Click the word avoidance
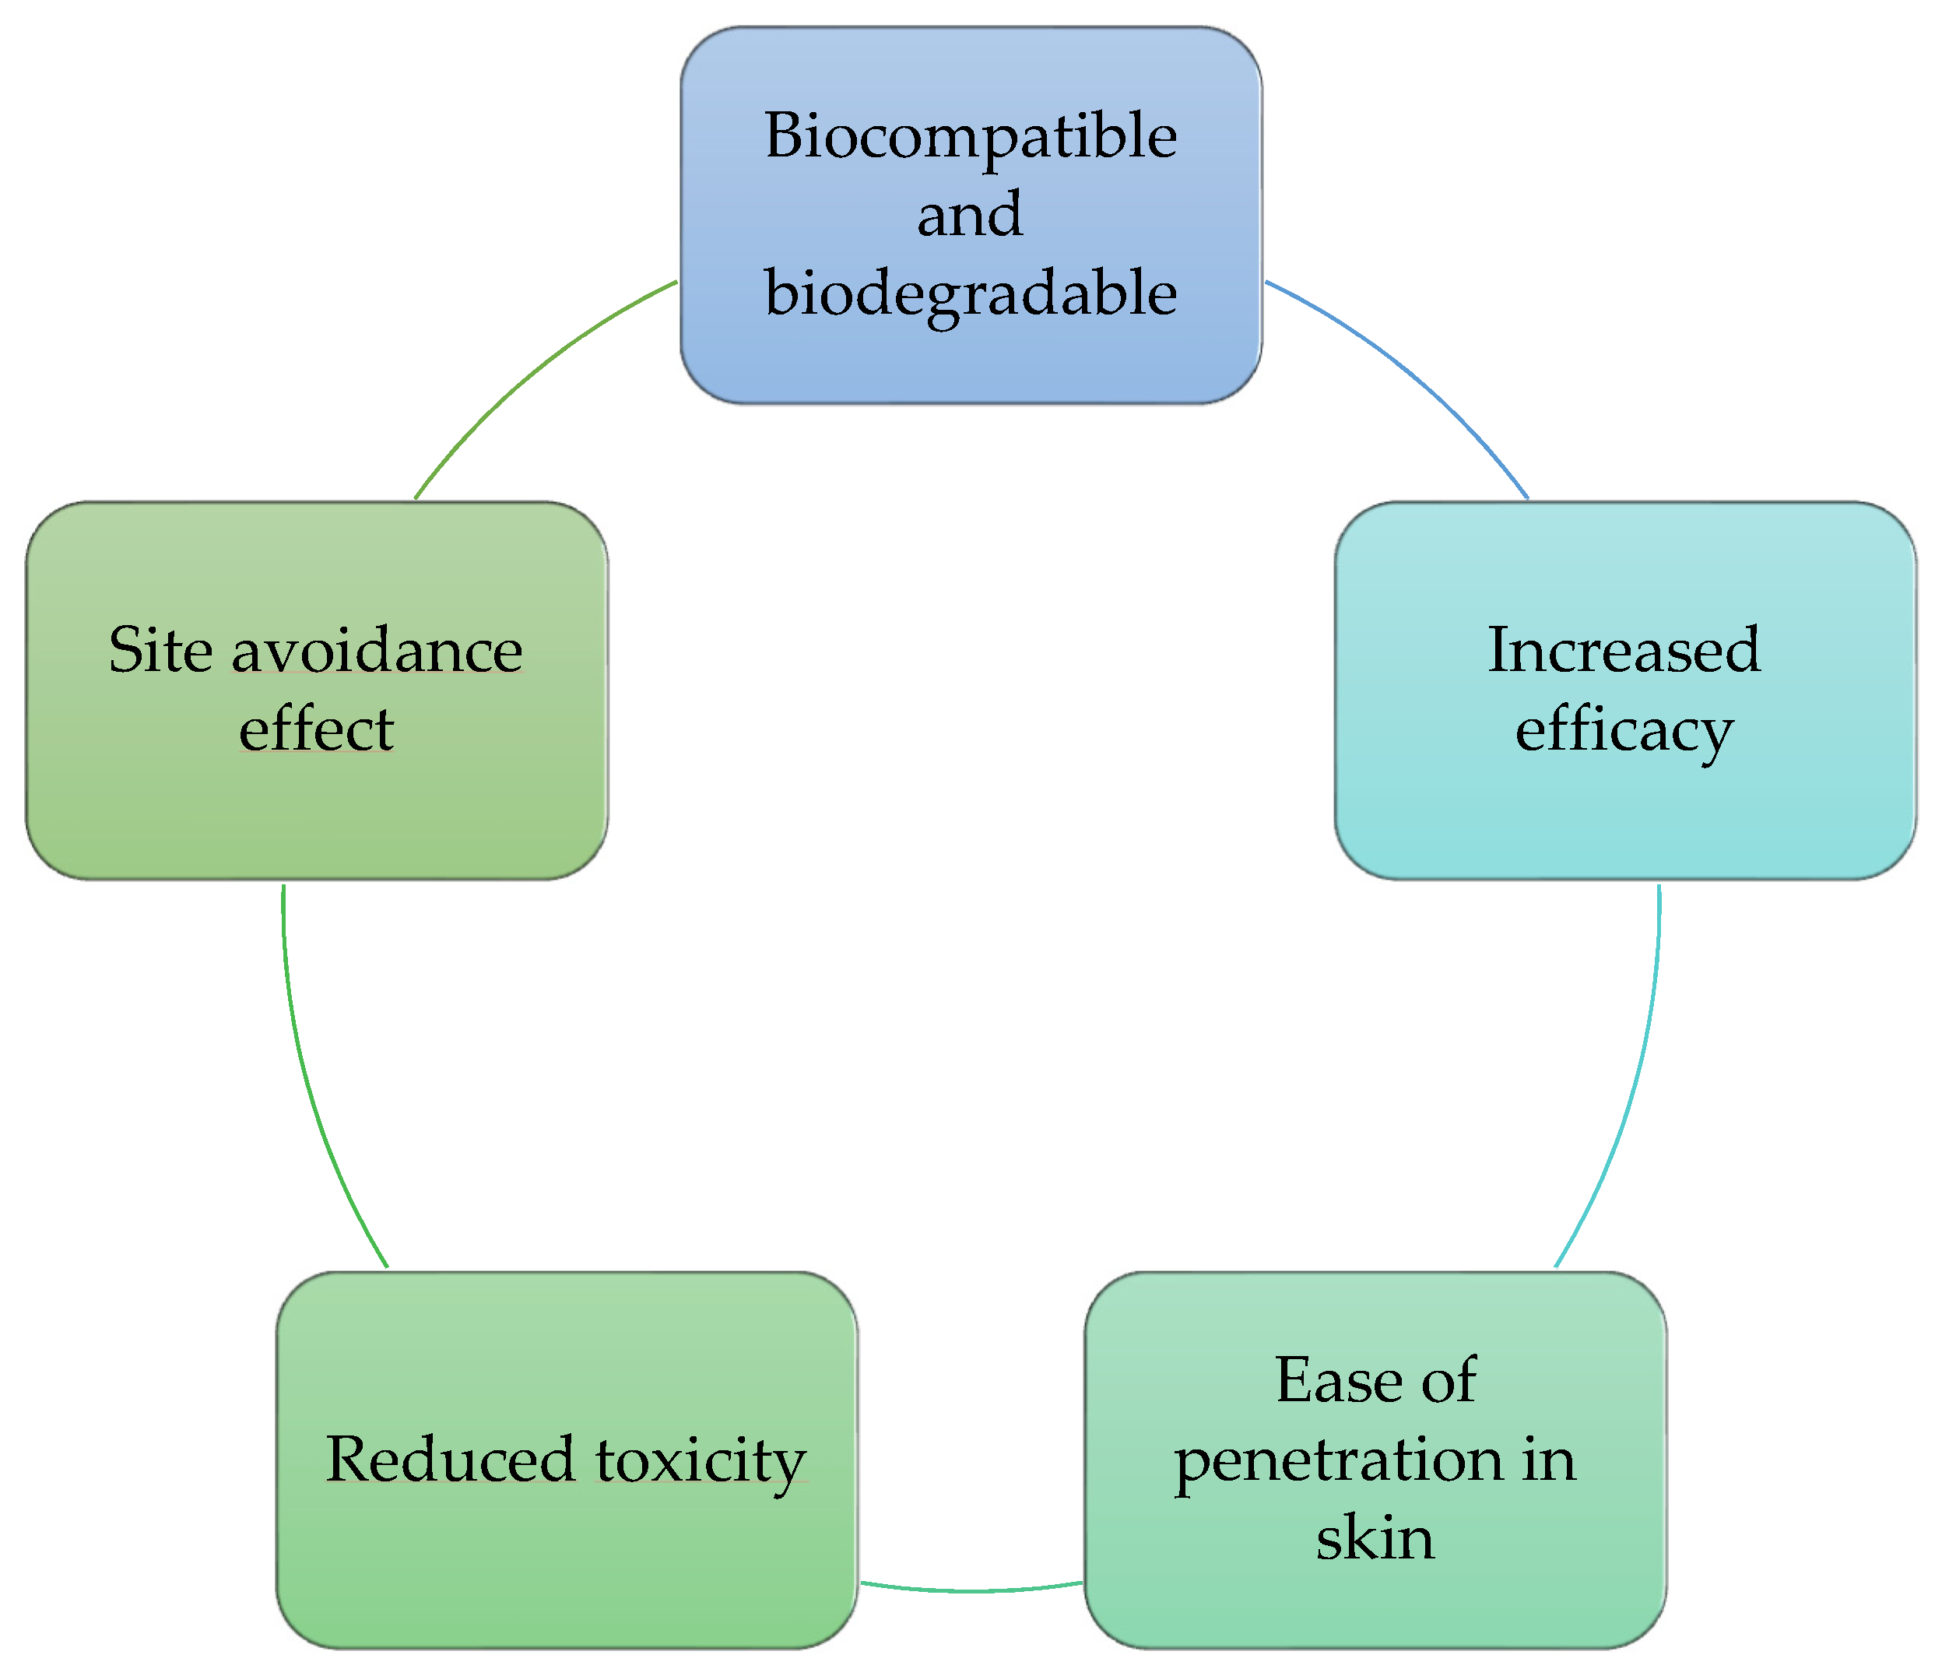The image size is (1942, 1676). click(x=377, y=652)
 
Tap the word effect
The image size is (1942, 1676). click(x=316, y=729)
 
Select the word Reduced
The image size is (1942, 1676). click(x=450, y=1460)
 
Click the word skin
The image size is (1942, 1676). click(x=1375, y=1538)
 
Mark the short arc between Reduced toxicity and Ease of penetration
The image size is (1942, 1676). click(x=971, y=1590)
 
